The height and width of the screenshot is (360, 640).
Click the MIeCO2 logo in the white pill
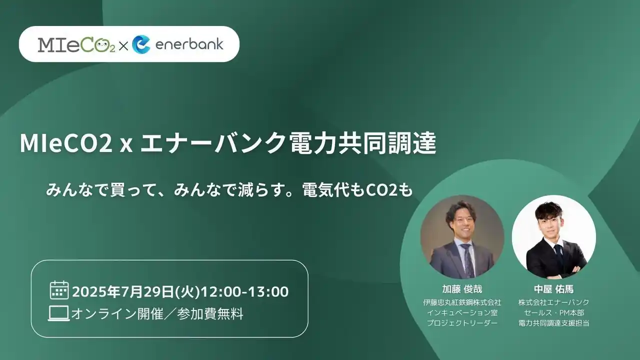tap(76, 44)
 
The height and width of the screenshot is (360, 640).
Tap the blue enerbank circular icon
tap(141, 44)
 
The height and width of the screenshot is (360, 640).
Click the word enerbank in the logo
tap(189, 44)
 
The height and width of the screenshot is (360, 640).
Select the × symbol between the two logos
tap(123, 46)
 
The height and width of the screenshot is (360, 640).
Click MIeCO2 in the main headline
tap(66, 143)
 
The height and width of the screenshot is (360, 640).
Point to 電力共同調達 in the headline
tap(362, 143)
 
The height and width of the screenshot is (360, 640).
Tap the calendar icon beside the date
tap(59, 289)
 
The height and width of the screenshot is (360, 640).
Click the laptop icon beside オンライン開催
tap(59, 313)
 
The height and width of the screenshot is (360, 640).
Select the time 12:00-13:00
tap(245, 291)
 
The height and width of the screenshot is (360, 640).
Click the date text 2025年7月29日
tap(123, 291)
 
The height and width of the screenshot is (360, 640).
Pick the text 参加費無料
tap(210, 313)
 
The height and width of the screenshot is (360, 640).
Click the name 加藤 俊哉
tap(462, 289)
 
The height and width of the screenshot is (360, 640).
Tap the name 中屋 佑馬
tap(553, 289)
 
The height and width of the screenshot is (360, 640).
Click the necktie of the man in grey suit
tap(467, 260)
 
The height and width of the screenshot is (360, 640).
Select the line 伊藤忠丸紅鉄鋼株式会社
tap(462, 302)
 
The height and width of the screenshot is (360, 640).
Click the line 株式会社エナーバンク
tap(553, 302)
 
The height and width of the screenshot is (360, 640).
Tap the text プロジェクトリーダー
tap(462, 323)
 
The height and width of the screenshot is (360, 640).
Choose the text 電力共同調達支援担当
tap(553, 323)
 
